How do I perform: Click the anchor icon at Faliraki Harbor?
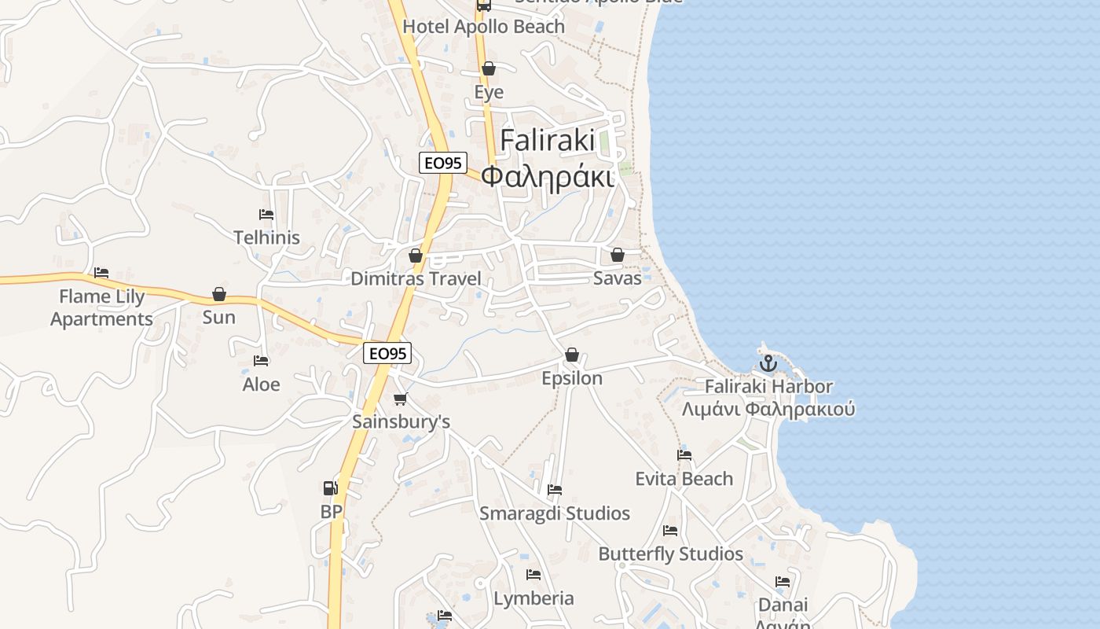click(768, 363)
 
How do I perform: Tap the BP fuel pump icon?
click(331, 488)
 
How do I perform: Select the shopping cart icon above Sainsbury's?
click(401, 399)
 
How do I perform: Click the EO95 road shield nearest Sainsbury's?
click(388, 354)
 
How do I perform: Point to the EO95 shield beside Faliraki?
click(443, 164)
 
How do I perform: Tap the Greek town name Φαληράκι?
click(547, 176)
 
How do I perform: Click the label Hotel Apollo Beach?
click(483, 27)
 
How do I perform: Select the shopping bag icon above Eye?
click(489, 68)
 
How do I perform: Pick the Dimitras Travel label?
click(416, 278)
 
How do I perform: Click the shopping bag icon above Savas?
click(618, 255)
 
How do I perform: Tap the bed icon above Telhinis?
click(266, 214)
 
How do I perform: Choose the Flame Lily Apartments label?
click(101, 307)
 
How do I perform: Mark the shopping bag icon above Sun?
click(219, 294)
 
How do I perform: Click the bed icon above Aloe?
click(261, 361)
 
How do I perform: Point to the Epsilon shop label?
click(572, 378)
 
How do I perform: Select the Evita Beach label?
click(684, 479)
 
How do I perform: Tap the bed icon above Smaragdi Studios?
click(555, 490)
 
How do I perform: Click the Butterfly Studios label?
click(670, 554)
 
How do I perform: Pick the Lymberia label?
click(533, 598)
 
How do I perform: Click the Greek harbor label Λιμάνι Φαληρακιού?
click(768, 410)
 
